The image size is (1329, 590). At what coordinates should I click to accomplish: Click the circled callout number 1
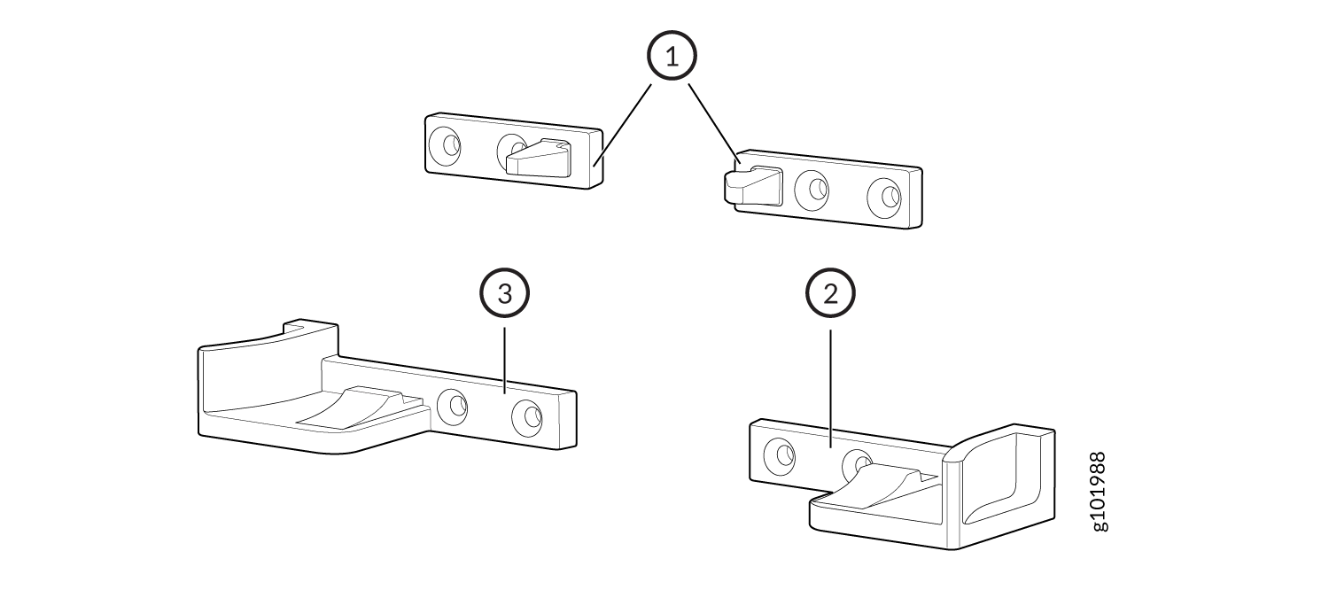click(x=672, y=56)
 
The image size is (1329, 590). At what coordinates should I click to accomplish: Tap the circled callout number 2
click(x=830, y=293)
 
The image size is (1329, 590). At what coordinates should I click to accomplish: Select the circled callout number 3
click(x=504, y=293)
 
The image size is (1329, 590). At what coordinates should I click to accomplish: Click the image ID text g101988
click(x=1100, y=492)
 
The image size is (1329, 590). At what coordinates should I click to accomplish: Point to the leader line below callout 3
click(x=504, y=361)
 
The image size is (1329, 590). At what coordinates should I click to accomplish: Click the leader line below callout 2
click(x=831, y=388)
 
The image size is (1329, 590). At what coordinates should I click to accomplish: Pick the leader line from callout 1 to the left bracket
click(x=623, y=125)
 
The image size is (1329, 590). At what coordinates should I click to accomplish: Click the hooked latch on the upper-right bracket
click(x=752, y=186)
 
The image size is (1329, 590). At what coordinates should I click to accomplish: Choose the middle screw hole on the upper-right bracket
click(x=812, y=190)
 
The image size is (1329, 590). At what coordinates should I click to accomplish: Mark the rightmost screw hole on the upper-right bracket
click(x=884, y=198)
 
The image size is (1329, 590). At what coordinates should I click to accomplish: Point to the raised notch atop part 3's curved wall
click(x=310, y=328)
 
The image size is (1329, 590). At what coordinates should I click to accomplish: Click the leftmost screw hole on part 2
click(x=780, y=455)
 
